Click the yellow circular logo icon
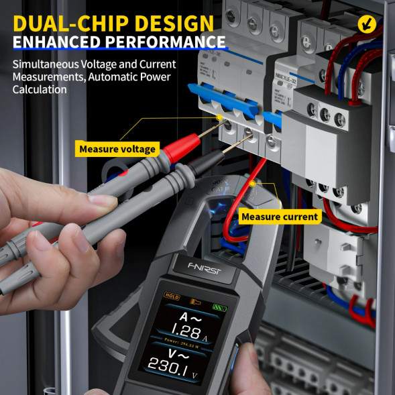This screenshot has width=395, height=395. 367,25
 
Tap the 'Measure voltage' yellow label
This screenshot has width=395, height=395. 117,149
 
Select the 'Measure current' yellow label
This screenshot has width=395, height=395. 280,217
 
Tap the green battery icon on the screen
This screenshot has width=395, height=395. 220,308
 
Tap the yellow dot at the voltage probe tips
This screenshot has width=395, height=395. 219,119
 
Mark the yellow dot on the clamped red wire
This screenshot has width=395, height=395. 252,183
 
